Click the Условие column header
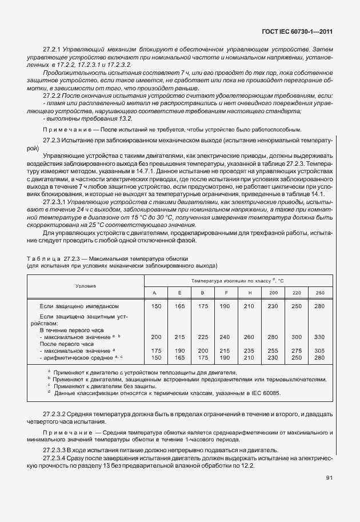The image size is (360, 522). pos(86,285)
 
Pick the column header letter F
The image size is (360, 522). pos(227,293)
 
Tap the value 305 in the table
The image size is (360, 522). pos(320,350)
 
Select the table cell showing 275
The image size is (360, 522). pos(297,350)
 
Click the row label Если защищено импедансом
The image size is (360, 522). pos(78,307)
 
